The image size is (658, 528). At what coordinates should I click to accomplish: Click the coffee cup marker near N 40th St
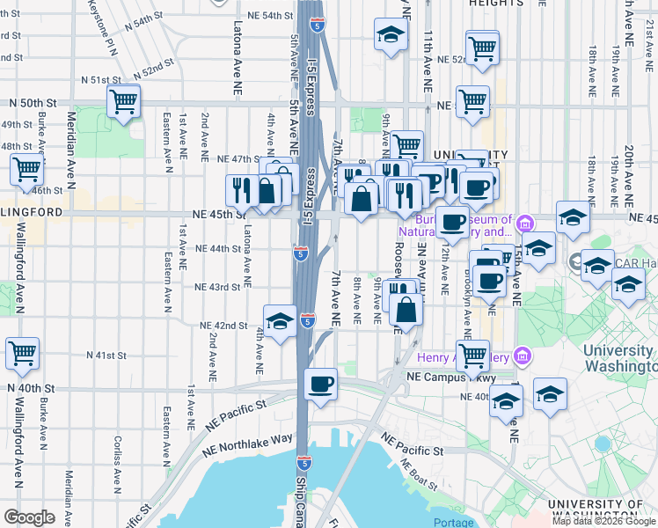(321, 383)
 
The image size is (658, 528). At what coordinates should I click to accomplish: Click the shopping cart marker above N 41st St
(23, 353)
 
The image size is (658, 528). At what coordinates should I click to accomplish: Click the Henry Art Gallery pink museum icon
(523, 356)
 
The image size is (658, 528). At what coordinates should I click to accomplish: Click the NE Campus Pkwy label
(446, 376)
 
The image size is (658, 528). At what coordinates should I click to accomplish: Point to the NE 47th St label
(237, 159)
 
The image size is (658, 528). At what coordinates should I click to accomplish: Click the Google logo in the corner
(29, 517)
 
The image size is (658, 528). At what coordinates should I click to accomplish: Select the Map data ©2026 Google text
(603, 521)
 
